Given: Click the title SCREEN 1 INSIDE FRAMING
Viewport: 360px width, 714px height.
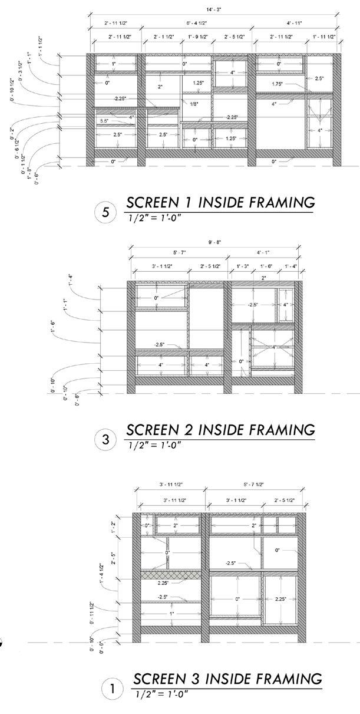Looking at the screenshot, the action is (x=221, y=203).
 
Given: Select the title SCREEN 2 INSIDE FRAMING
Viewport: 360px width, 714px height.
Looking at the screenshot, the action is (x=221, y=429).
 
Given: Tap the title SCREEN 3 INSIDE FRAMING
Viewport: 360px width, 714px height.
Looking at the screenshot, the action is (x=227, y=678).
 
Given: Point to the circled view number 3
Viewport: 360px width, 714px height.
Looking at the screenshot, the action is (x=105, y=439).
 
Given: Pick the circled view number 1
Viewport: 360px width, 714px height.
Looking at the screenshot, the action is (x=112, y=688).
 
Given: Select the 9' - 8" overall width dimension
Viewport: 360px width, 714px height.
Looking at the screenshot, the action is (x=216, y=241).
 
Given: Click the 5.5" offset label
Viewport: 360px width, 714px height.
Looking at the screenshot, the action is (x=104, y=121).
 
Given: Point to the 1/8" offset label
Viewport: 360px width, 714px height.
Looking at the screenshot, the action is (x=194, y=104).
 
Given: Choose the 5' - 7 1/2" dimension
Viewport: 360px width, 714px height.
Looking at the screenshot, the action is (x=255, y=484).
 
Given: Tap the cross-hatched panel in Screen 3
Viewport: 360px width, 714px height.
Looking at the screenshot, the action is (x=170, y=574).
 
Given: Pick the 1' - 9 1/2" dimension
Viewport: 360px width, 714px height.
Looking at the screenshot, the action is (x=197, y=37).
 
